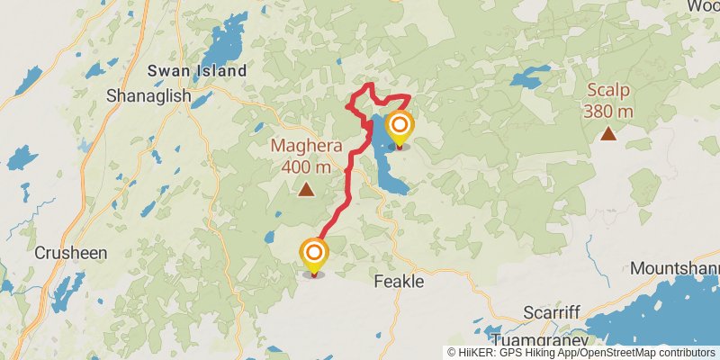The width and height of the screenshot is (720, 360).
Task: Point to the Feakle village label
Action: click(398, 282)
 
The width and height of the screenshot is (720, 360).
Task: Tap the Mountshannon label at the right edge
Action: click(675, 268)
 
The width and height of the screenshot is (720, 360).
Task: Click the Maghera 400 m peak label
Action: click(306, 155)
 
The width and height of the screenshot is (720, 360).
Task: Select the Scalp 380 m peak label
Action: click(608, 100)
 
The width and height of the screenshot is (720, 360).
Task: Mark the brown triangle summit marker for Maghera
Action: click(306, 190)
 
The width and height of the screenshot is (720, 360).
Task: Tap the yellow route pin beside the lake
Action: click(399, 128)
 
